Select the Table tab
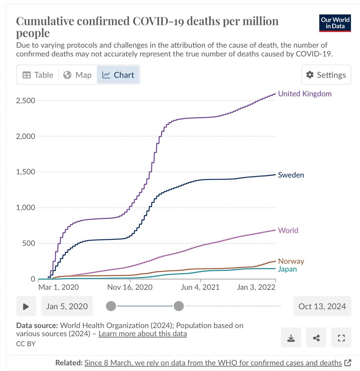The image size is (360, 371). (x=38, y=75)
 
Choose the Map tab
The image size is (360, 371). (x=78, y=75)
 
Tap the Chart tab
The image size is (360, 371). (x=118, y=75)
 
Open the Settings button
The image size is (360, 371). (x=326, y=75)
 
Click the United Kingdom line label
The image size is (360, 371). (x=305, y=94)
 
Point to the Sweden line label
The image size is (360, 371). (x=291, y=175)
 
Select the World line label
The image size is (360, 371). (x=288, y=230)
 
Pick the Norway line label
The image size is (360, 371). (x=291, y=261)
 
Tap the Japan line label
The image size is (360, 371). (x=287, y=269)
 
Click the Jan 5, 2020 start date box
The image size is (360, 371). (x=67, y=306)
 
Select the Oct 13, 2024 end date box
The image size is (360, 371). (x=322, y=306)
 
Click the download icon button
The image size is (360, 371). (x=291, y=338)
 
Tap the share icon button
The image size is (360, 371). (x=316, y=338)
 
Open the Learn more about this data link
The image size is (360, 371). (x=143, y=334)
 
